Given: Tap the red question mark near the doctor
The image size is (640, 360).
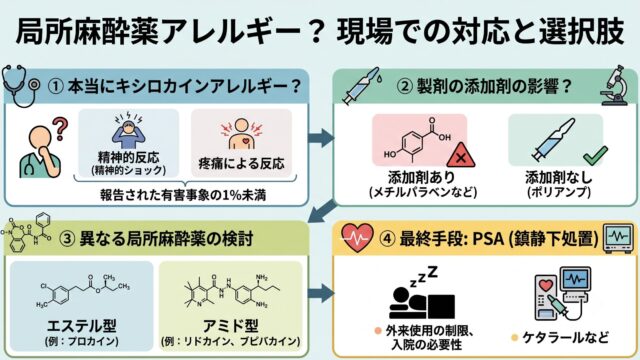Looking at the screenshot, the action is (x=60, y=129).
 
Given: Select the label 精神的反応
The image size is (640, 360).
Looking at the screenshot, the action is (x=129, y=157).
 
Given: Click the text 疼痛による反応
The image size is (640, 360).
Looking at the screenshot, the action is (x=241, y=163).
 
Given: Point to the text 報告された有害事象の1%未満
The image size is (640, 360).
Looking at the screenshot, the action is (x=183, y=195).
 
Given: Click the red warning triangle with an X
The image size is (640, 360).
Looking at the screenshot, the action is (x=461, y=156).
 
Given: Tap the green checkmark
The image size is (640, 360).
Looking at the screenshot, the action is (x=596, y=156).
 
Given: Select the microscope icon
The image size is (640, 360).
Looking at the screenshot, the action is (x=615, y=86).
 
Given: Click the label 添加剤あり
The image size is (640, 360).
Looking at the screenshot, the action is (x=422, y=177).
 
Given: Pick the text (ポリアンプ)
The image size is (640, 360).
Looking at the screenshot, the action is (x=559, y=192).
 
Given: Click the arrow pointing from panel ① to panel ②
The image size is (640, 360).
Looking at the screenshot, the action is (x=321, y=138).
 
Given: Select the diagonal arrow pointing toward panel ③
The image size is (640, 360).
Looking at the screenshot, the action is (x=322, y=211).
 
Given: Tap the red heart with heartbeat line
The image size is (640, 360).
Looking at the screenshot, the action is (x=357, y=237).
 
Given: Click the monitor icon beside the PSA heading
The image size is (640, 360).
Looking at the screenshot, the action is (x=619, y=238).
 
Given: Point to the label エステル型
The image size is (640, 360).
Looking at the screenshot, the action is (x=82, y=326).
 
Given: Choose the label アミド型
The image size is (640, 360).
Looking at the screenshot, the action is (x=231, y=326).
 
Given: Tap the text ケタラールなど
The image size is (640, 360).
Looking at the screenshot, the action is (x=565, y=338).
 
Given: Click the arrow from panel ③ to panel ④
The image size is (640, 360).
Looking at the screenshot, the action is (x=321, y=294).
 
